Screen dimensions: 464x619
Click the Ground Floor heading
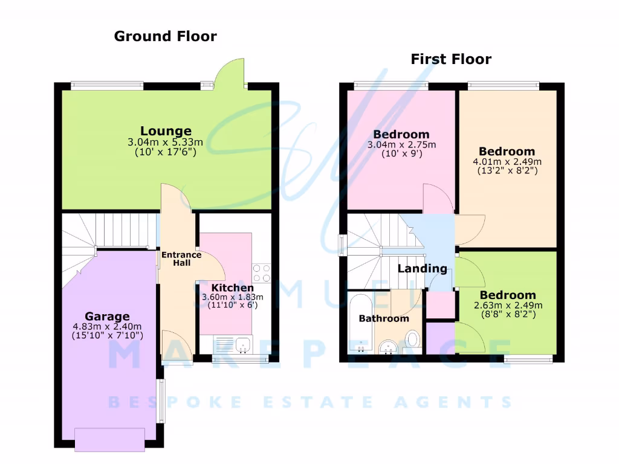[x=165, y=36]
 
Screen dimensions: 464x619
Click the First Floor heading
[x=451, y=59]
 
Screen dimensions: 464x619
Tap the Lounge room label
[x=166, y=131]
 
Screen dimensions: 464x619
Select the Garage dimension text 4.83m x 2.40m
[x=107, y=327]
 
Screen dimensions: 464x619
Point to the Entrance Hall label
[x=177, y=259]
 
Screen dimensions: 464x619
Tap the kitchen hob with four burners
[x=261, y=273]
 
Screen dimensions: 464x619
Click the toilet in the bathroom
[x=413, y=338]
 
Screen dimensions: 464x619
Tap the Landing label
[x=422, y=269]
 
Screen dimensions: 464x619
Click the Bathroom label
[x=384, y=318]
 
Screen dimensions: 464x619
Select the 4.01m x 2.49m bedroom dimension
[x=507, y=161]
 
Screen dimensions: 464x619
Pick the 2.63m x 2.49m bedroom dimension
[x=508, y=305]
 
